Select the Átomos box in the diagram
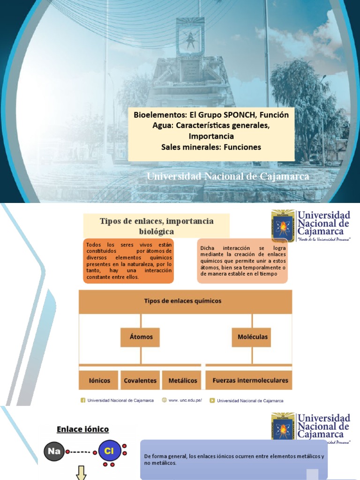141,337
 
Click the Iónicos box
99,380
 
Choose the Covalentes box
140,380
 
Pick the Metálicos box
183,380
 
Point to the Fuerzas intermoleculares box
250,380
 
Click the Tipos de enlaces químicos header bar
186,301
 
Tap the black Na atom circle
54,451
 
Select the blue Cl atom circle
109,452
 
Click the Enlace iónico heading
82,429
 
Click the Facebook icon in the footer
83,400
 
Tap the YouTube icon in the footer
212,400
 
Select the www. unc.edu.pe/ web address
185,400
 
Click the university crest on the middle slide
283,226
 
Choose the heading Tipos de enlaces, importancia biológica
157,226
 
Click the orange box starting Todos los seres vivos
128,261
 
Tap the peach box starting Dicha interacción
243,261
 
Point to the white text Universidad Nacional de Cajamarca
228,177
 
